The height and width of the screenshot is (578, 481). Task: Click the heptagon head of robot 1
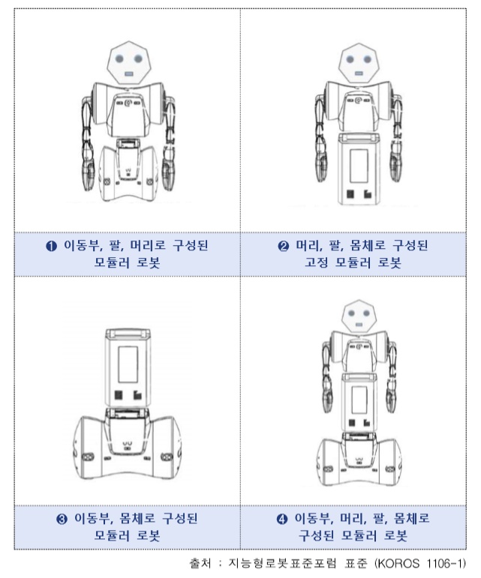tap(129, 63)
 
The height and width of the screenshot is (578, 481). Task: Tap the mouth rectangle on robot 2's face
tap(358, 73)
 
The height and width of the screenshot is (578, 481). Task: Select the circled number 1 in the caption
tap(51, 246)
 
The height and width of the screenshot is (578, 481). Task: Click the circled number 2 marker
tap(283, 246)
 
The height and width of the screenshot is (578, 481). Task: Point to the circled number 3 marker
tap(62, 519)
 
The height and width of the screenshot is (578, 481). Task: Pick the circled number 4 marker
tap(282, 519)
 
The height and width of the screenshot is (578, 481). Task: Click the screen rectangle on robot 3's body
tap(128, 364)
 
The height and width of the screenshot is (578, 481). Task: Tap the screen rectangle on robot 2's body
tap(359, 166)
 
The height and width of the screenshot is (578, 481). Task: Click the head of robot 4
tap(358, 318)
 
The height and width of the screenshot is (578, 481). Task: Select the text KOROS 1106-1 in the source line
tap(421, 564)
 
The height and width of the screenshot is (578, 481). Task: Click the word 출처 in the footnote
tap(200, 564)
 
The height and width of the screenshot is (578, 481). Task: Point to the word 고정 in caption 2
tap(316, 262)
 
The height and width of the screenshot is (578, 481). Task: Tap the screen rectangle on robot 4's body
tap(359, 400)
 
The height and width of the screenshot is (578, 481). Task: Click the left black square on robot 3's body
tap(119, 395)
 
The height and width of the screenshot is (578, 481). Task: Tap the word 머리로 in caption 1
tap(148, 245)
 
